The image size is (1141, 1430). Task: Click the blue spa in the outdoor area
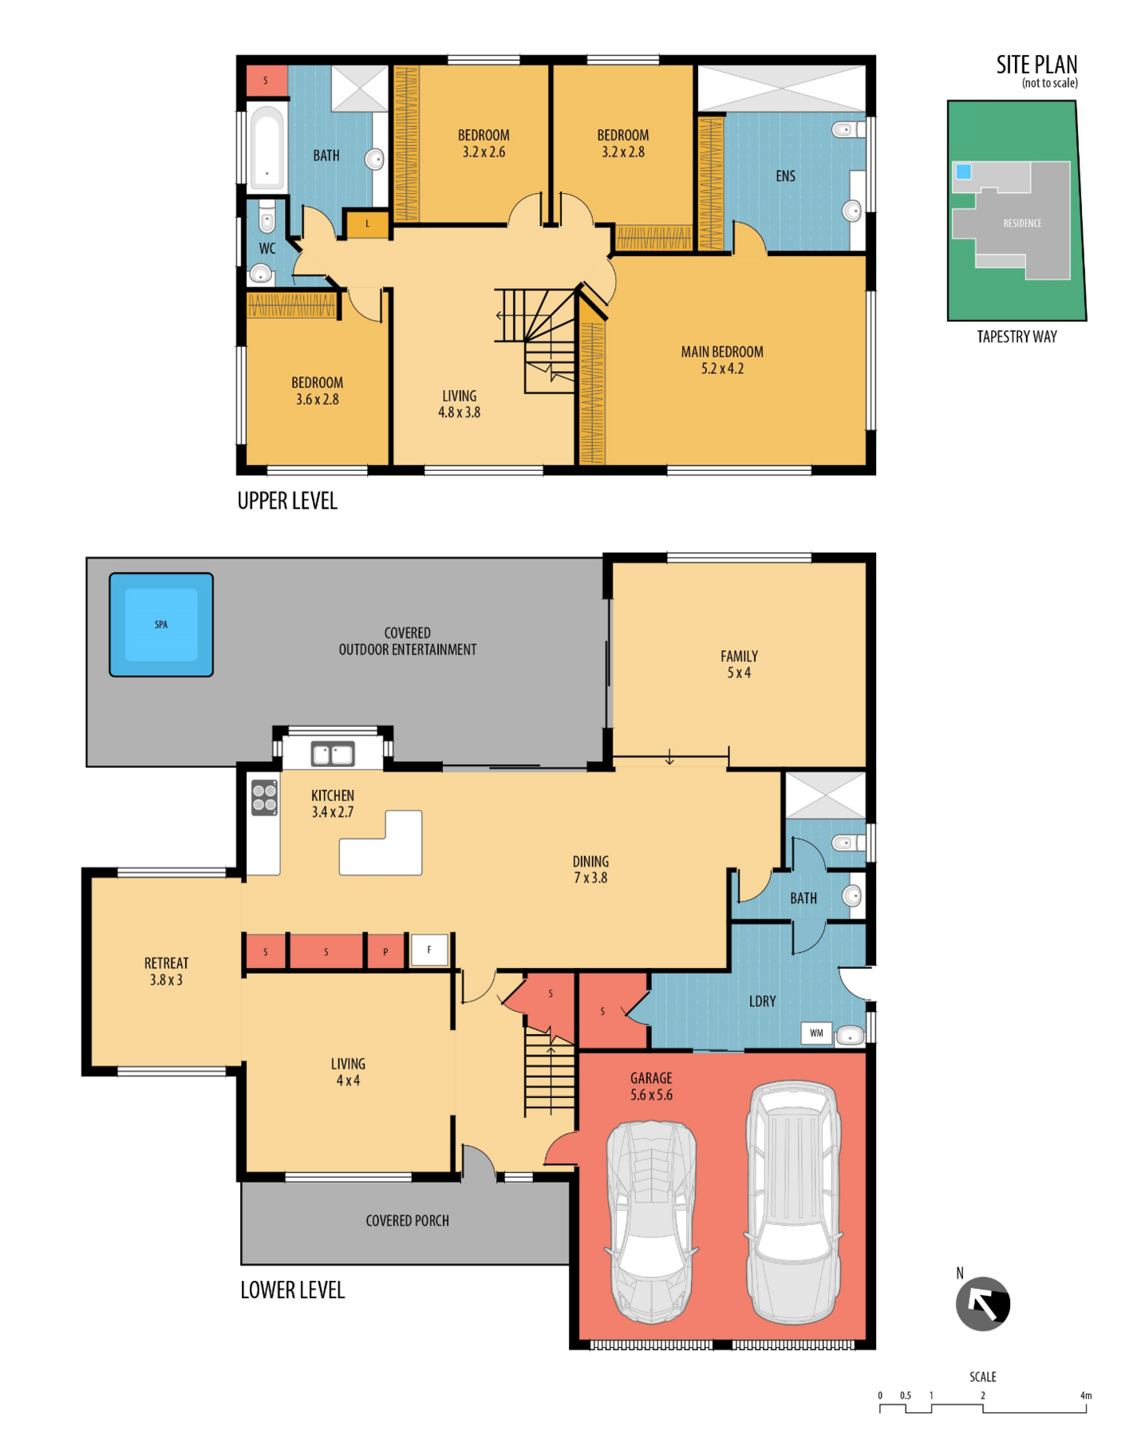tap(161, 625)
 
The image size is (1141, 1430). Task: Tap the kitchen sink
tap(333, 754)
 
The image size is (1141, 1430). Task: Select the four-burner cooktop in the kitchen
tap(265, 797)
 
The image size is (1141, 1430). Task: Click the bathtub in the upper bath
tap(266, 148)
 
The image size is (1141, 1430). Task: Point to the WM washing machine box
tap(816, 1033)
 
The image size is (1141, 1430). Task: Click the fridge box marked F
tap(429, 950)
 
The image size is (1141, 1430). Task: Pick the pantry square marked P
tap(385, 951)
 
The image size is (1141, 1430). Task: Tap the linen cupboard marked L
tap(367, 224)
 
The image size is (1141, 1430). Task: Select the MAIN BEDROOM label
tap(722, 352)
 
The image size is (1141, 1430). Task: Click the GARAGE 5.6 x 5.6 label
tap(651, 1086)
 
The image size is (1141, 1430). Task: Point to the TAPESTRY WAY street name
tap(1017, 337)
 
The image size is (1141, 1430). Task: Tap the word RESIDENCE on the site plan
tap(1022, 223)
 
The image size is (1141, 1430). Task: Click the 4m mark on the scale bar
tap(1085, 1396)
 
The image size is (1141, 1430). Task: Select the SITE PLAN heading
tap(1036, 65)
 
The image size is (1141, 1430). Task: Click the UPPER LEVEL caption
tap(287, 501)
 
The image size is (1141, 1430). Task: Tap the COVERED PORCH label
tap(407, 1221)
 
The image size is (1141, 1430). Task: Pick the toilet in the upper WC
tap(267, 215)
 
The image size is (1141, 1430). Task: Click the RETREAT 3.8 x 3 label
tap(166, 971)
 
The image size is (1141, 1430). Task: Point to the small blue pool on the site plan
tap(964, 172)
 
